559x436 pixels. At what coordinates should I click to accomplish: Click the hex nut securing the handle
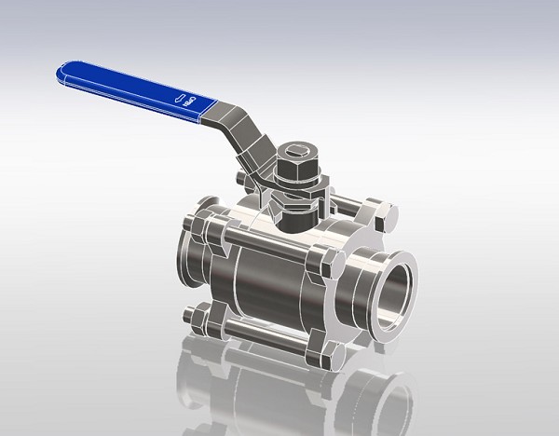coord(296,167)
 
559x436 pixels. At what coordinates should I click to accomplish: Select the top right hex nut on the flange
coord(381,212)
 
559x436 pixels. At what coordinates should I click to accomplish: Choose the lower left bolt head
coord(198,319)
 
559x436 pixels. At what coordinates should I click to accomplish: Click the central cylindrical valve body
coord(266,279)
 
